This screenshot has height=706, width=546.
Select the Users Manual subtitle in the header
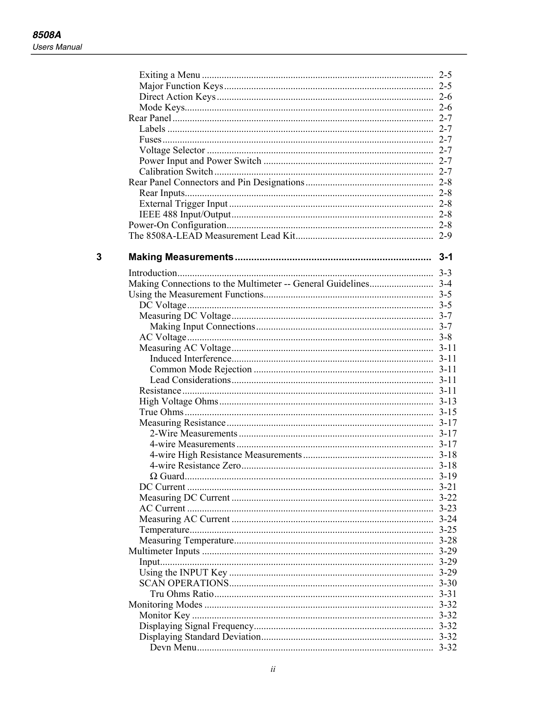pos(57,47)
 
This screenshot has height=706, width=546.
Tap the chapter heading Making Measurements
pos(181,257)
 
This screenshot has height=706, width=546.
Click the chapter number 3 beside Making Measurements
pos(99,257)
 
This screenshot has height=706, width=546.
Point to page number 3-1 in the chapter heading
pos(445,257)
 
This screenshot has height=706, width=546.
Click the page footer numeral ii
pos(273,669)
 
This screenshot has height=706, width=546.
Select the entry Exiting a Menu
pos(170,75)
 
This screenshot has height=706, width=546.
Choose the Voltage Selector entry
pos(172,150)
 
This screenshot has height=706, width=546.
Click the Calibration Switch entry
pos(176,172)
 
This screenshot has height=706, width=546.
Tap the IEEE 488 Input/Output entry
pos(185,214)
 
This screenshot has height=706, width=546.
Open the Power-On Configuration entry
pos(177,225)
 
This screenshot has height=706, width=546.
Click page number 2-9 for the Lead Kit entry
pos(445,236)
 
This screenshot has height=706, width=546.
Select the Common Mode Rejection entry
pos(201,369)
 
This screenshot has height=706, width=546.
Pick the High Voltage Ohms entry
pos(179,401)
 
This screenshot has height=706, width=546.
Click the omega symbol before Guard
pos(154,477)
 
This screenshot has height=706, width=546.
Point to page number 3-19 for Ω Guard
pos(448,476)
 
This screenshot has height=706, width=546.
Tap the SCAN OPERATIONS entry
pos(184,583)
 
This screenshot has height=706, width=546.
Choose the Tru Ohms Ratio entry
pos(182,594)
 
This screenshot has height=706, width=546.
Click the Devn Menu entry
pos(173,647)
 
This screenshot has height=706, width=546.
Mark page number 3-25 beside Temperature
pos(448,530)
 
